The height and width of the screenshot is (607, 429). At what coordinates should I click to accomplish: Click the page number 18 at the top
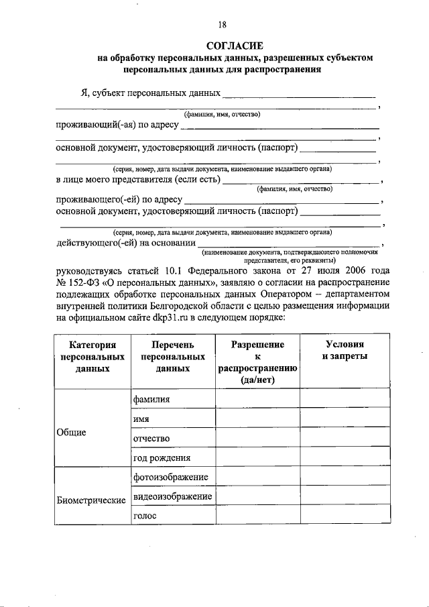pyautogui.click(x=222, y=25)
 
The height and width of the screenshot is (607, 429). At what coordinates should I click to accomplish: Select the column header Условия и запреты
pyautogui.click(x=345, y=350)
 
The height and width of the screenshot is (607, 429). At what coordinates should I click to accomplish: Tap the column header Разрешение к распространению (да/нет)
pyautogui.click(x=257, y=362)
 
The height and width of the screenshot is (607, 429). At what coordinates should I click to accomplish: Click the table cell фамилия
pyautogui.click(x=152, y=398)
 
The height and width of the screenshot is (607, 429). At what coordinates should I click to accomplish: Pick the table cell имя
pyautogui.click(x=141, y=419)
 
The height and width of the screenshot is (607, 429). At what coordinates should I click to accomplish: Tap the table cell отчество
pyautogui.click(x=151, y=438)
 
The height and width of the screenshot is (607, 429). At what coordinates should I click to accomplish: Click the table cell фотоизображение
pyautogui.click(x=171, y=477)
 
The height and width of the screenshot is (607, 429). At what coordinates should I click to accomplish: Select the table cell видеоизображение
pyautogui.click(x=173, y=496)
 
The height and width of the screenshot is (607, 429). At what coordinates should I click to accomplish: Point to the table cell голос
pyautogui.click(x=145, y=516)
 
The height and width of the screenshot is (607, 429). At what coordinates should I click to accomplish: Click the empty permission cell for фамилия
pyautogui.click(x=257, y=398)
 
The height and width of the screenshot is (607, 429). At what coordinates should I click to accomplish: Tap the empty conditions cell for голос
pyautogui.click(x=345, y=516)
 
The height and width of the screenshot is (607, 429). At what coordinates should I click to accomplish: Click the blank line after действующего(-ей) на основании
pyautogui.click(x=288, y=245)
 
